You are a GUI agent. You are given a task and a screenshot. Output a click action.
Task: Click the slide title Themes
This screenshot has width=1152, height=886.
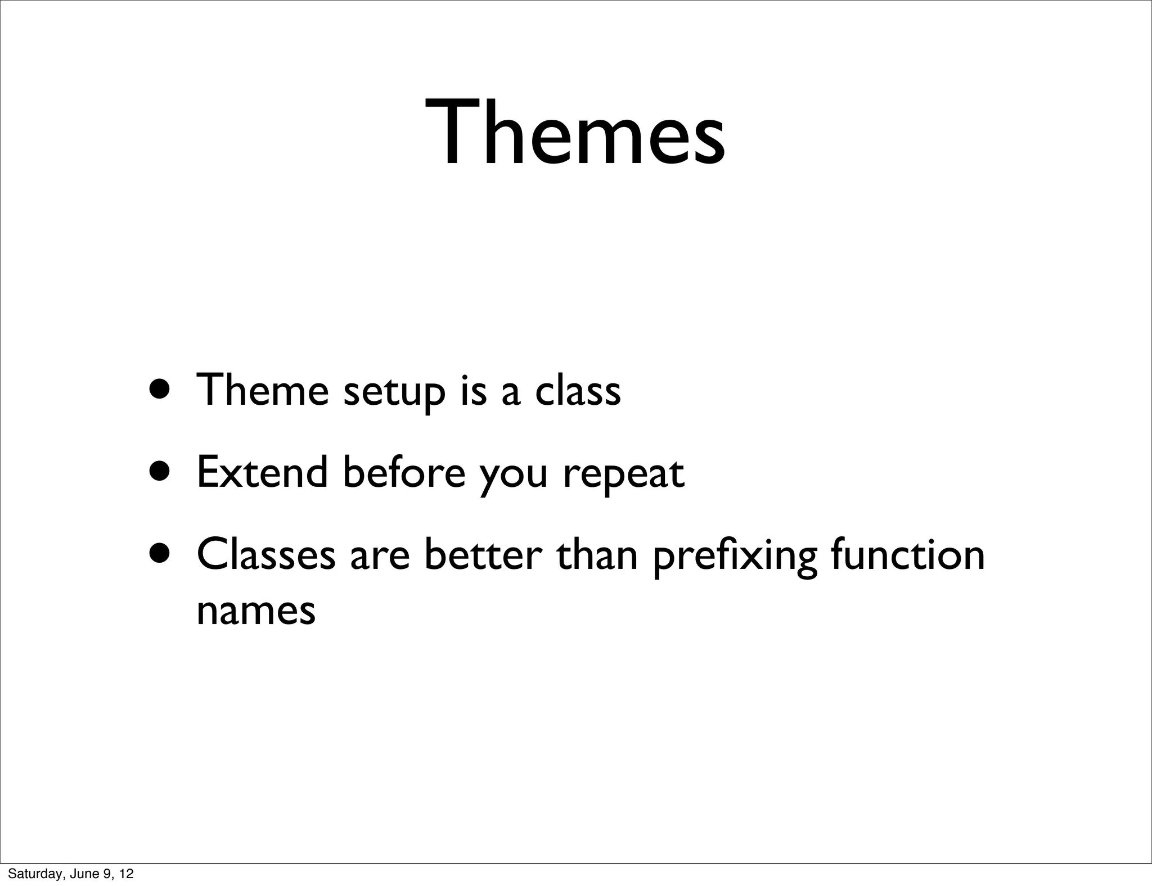pyautogui.click(x=575, y=133)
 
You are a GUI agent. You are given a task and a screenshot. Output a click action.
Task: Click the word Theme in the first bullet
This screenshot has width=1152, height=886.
pyautogui.click(x=262, y=390)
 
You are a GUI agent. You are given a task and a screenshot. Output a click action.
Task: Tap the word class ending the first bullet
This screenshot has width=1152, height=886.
pyautogui.click(x=578, y=390)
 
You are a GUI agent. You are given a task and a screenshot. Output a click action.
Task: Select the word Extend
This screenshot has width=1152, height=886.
pyautogui.click(x=262, y=472)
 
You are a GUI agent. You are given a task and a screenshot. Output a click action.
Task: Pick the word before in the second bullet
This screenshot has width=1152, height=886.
pyautogui.click(x=404, y=472)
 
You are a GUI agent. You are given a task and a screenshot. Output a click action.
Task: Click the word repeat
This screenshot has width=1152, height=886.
pyautogui.click(x=623, y=474)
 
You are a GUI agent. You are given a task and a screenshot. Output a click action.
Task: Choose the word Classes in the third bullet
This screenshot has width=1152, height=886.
pyautogui.click(x=266, y=554)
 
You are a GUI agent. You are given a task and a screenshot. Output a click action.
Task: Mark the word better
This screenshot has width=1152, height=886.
pyautogui.click(x=483, y=554)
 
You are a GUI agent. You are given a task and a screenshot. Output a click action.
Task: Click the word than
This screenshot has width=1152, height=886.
pyautogui.click(x=597, y=554)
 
